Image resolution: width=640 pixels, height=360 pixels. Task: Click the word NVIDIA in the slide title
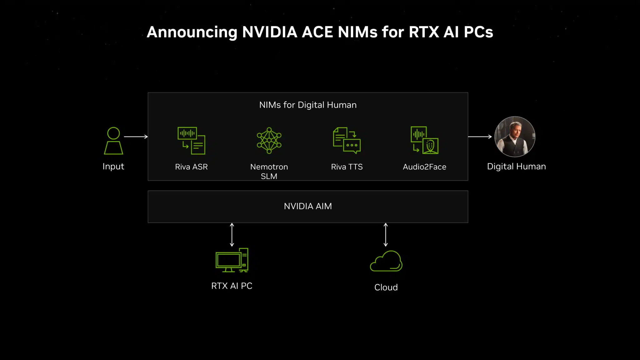coord(270,32)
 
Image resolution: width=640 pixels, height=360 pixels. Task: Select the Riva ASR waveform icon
coord(191,141)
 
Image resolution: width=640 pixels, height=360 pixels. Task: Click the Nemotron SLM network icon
coord(269,141)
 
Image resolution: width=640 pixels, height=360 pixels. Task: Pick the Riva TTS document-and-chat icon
coord(347,141)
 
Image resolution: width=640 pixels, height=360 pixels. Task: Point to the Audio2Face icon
coord(424,140)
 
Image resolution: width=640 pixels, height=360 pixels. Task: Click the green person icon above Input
coord(113,141)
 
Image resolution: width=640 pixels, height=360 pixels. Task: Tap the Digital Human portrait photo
coord(515,137)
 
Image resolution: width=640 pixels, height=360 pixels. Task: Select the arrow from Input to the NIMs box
coord(136,137)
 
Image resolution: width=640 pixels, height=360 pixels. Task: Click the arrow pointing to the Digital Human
coord(480,137)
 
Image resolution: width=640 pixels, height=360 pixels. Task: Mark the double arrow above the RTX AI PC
coord(232,235)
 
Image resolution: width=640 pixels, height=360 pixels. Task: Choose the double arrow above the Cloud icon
coord(386,235)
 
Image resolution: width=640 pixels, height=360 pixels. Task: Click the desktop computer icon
coord(232,260)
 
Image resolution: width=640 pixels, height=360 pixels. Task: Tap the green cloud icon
coord(386,261)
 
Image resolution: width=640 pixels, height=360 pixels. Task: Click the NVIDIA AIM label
coord(308,206)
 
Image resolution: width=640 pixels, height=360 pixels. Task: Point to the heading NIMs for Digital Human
coord(308,105)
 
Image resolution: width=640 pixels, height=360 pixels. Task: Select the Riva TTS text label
coord(347,167)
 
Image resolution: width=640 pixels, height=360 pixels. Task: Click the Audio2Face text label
coord(424,167)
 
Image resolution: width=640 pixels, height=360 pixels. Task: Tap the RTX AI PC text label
coord(232,286)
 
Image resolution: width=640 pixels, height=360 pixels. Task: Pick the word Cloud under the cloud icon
coord(386,287)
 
